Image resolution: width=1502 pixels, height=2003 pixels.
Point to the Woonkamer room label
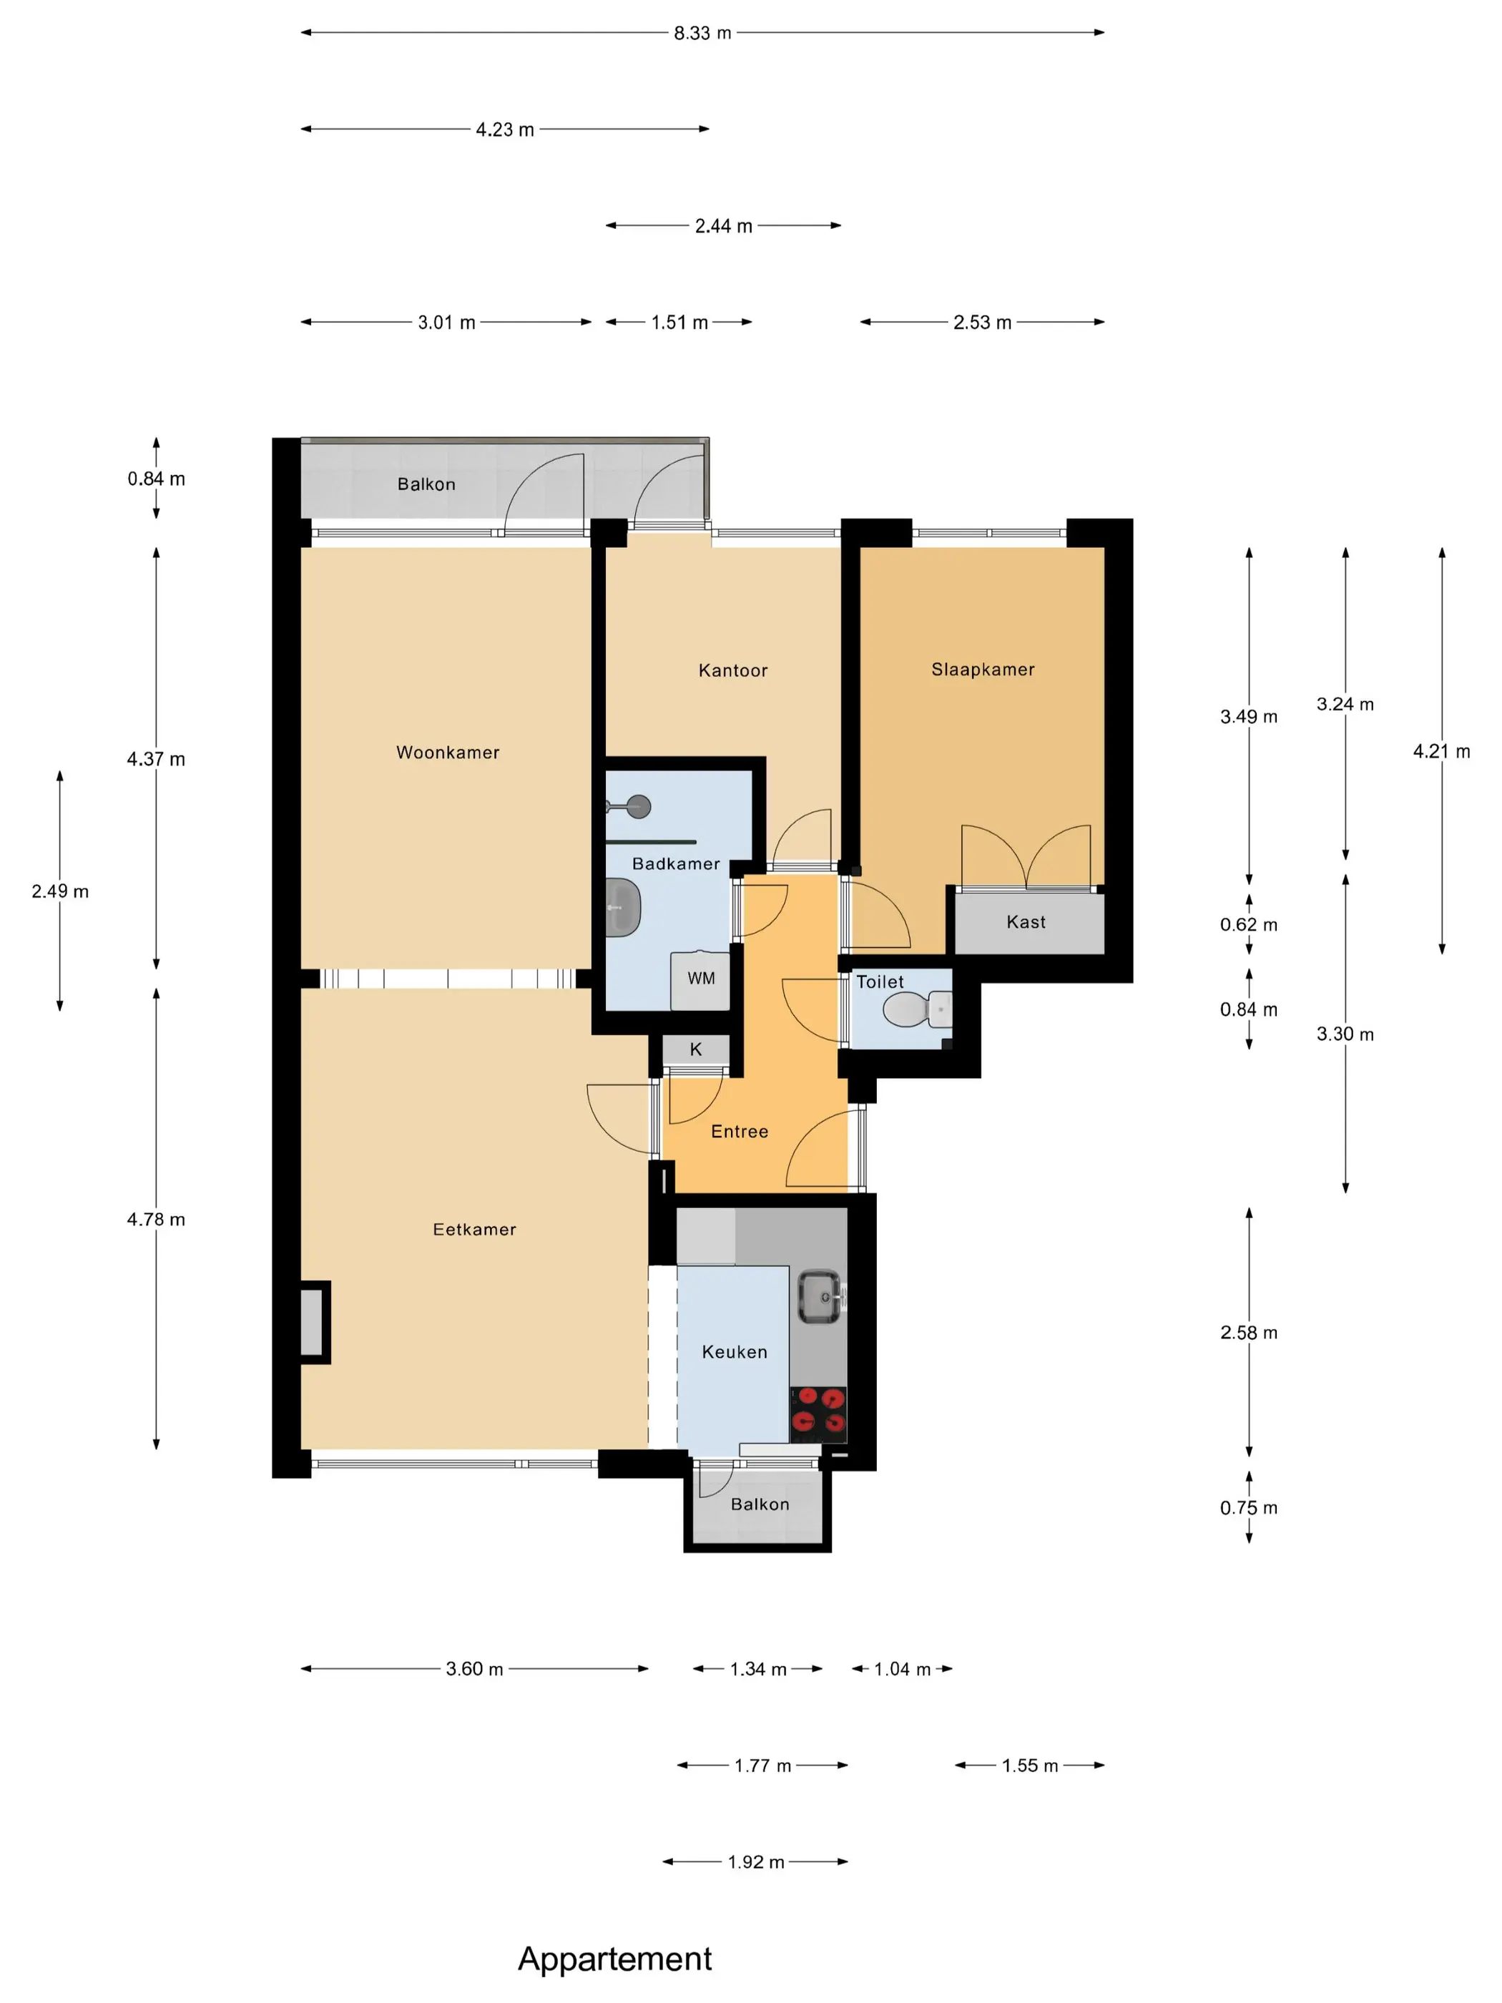click(x=447, y=753)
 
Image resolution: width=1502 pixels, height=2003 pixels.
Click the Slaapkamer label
click(x=982, y=669)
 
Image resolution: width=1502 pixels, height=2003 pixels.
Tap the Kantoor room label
click(x=732, y=670)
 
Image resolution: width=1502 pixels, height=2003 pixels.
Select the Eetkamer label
click(x=473, y=1229)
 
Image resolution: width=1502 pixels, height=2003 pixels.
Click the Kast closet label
click(x=1026, y=922)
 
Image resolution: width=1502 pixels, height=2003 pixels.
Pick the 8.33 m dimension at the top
click(x=702, y=33)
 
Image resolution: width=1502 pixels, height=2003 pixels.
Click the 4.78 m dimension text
click(x=156, y=1219)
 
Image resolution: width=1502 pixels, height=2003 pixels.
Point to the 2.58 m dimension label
click(x=1249, y=1332)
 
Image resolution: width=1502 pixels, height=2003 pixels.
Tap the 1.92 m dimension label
click(x=756, y=1862)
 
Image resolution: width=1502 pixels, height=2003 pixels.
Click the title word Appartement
click(x=614, y=1958)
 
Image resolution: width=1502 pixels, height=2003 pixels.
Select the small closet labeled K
click(x=695, y=1049)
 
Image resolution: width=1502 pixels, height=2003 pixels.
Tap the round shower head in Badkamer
click(x=639, y=806)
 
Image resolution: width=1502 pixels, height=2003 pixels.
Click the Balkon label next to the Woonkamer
click(x=426, y=484)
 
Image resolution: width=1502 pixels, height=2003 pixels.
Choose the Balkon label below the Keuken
click(x=760, y=1504)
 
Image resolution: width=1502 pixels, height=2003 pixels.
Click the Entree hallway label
click(x=739, y=1131)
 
